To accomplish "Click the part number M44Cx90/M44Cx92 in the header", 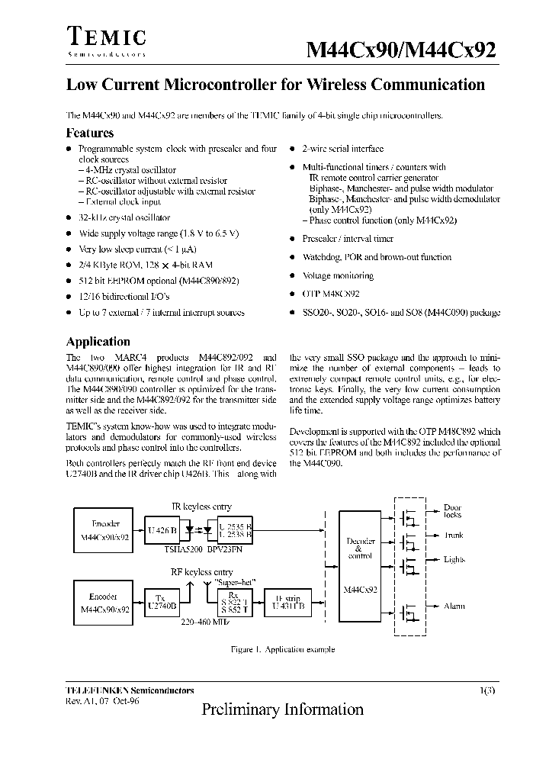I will click(402, 50).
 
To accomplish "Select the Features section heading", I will click(90, 133).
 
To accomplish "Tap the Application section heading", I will click(98, 342).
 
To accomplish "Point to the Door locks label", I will click(453, 511).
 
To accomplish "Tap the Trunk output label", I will click(454, 536).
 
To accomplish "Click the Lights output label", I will click(454, 560).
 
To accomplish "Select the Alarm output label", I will click(454, 606).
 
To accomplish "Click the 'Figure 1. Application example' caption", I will click(283, 650).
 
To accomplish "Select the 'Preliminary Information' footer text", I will click(283, 709).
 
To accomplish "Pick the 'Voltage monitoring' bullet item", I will click(338, 276).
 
